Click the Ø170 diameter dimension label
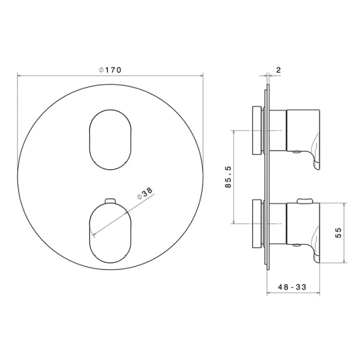tap(110, 70)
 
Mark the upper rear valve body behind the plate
tap(256, 130)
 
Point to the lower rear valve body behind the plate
tap(256, 223)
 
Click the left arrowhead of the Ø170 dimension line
tap(20, 76)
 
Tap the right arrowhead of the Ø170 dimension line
tap(202, 76)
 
